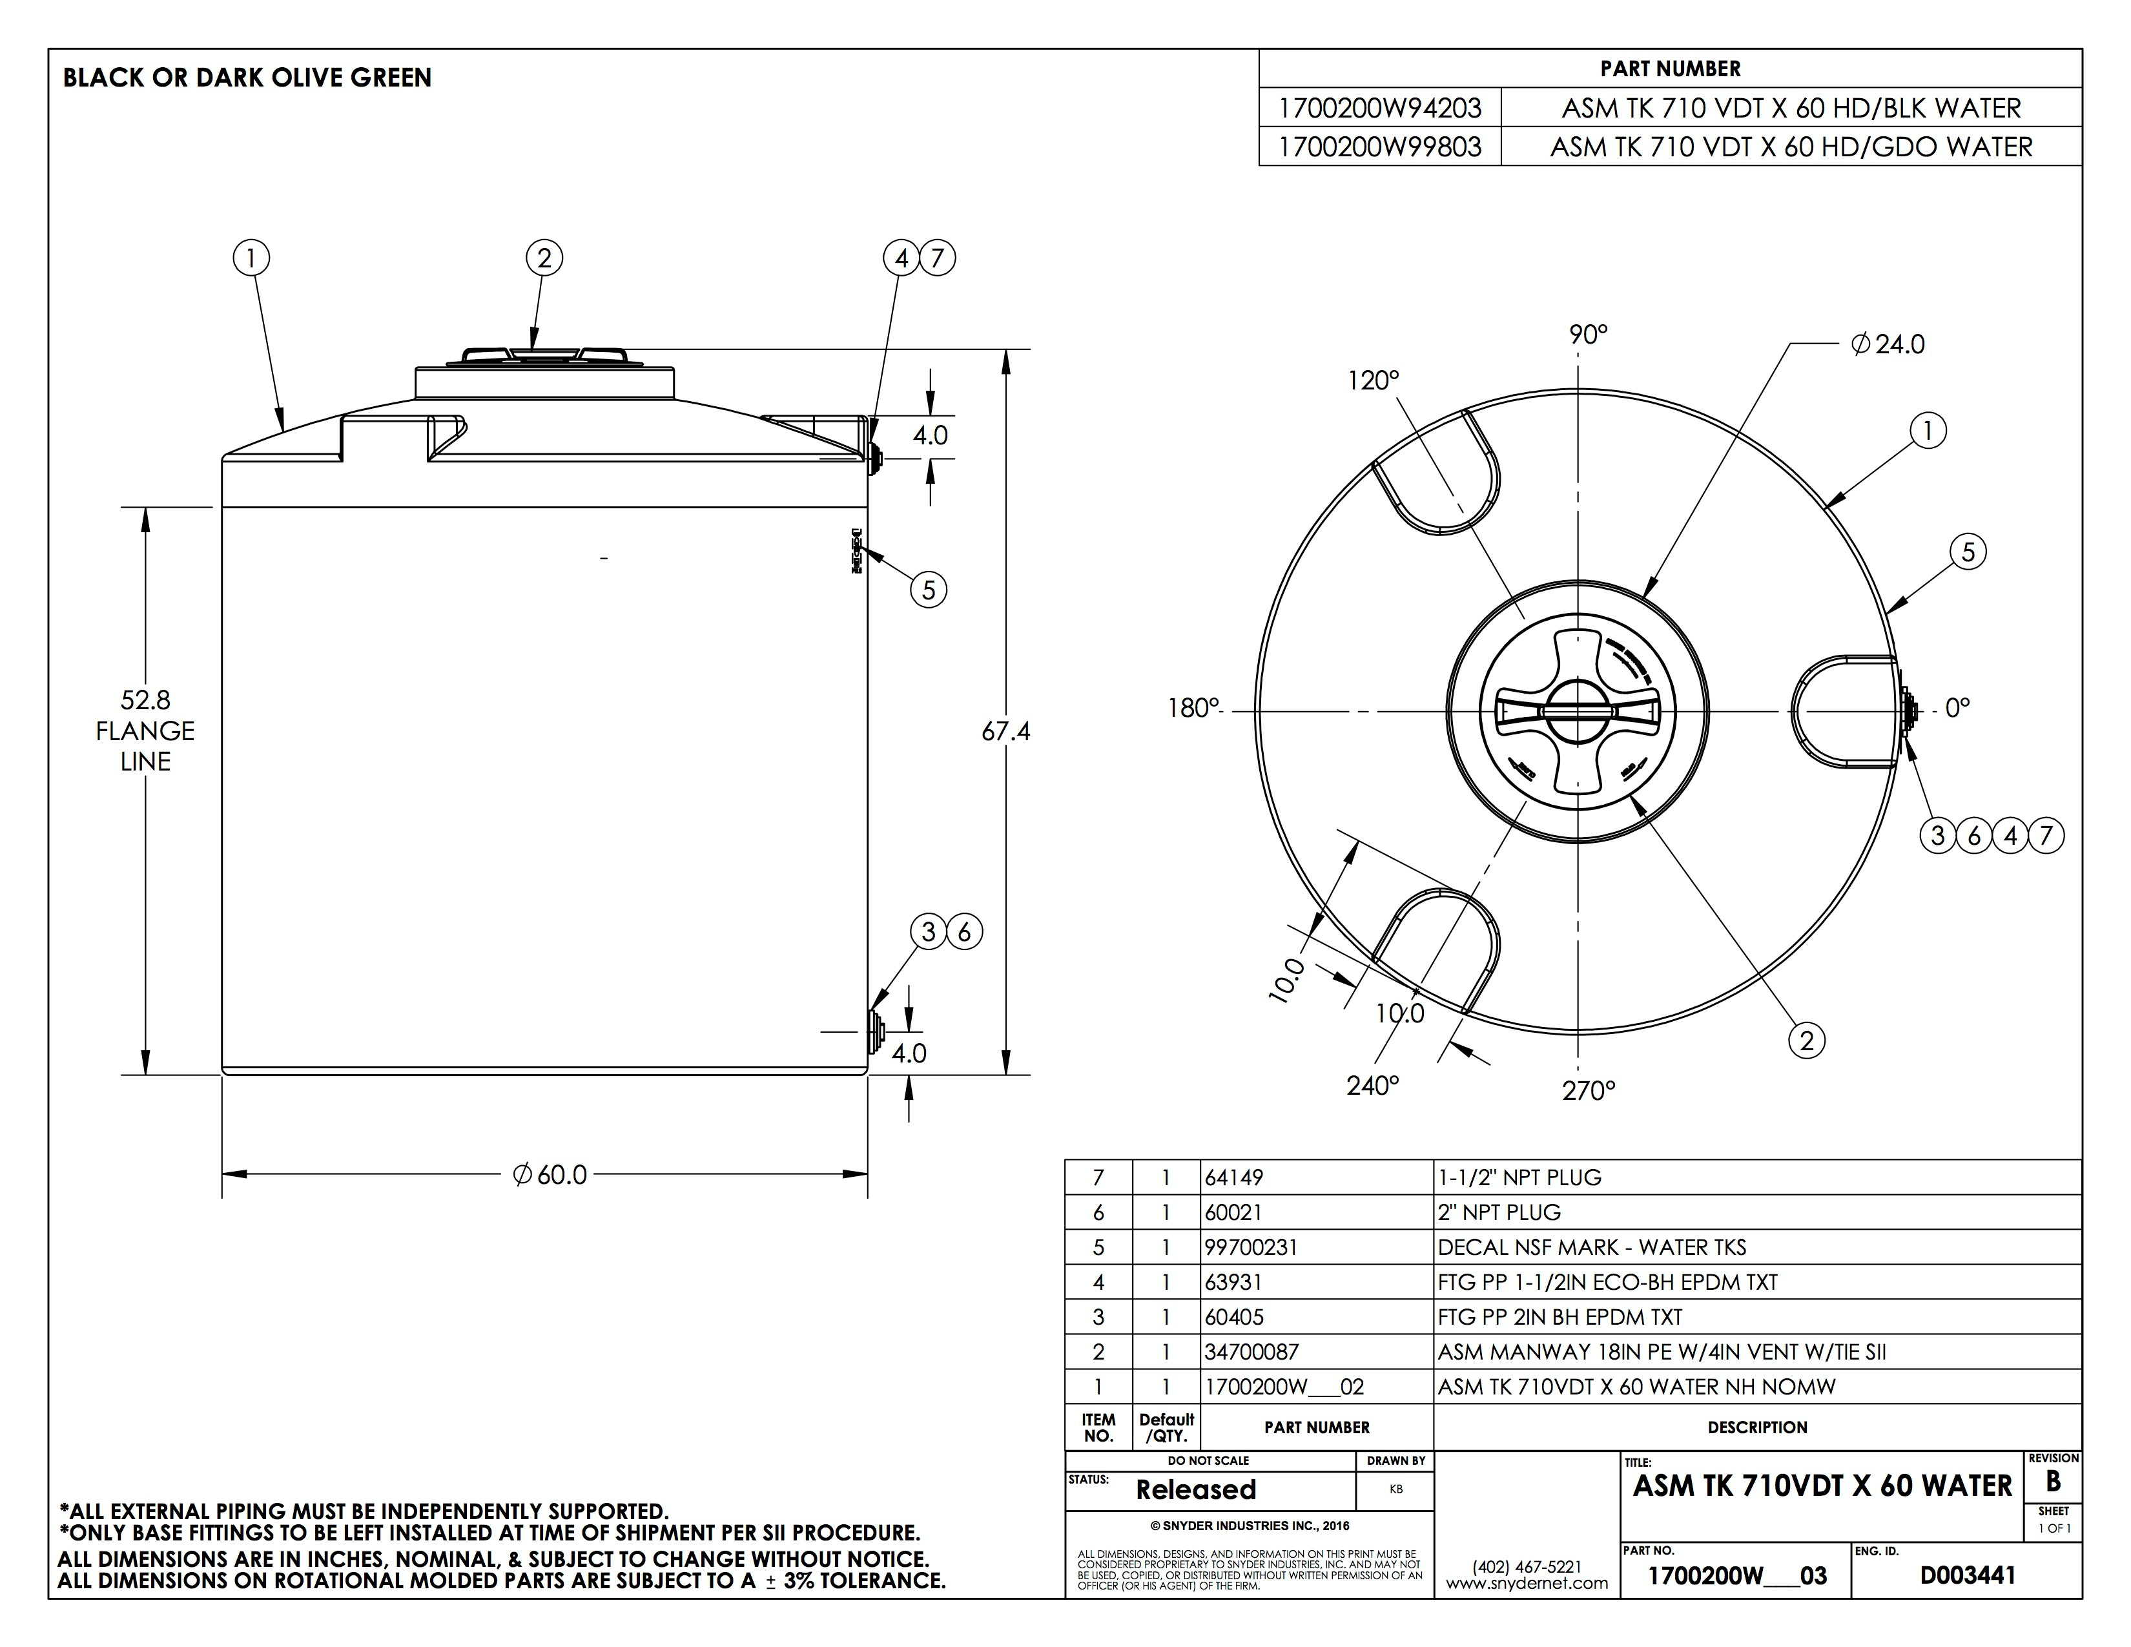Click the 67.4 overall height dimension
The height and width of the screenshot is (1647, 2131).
[x=1006, y=730]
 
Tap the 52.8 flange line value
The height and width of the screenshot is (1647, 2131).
[x=145, y=699]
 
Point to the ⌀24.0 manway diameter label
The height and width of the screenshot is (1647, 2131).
[x=1888, y=344]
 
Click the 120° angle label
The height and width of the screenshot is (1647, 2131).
[x=1374, y=380]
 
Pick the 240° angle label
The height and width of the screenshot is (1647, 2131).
[x=1373, y=1086]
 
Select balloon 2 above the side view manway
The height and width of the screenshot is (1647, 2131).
[x=544, y=258]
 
